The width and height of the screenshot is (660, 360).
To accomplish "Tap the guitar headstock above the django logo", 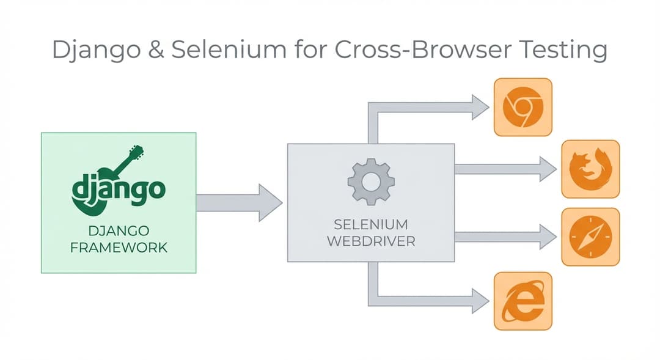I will click(135, 153).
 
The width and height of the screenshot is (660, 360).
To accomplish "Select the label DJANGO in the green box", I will click(119, 231).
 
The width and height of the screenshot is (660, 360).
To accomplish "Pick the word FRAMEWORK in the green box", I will click(119, 248).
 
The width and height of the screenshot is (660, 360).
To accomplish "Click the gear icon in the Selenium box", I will click(371, 181).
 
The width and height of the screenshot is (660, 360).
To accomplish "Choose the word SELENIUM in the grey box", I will click(371, 224).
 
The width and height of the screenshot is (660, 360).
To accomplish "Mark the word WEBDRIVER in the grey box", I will click(371, 241).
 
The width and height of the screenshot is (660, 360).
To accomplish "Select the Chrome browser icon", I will click(522, 108).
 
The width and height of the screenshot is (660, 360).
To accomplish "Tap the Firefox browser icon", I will click(590, 169).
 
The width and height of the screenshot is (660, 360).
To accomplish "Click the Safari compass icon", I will click(590, 237).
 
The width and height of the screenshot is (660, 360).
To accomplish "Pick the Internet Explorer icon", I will click(522, 301).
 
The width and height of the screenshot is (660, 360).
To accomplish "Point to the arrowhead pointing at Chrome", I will click(479, 108).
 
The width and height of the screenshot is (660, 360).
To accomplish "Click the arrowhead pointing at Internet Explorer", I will click(479, 300).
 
